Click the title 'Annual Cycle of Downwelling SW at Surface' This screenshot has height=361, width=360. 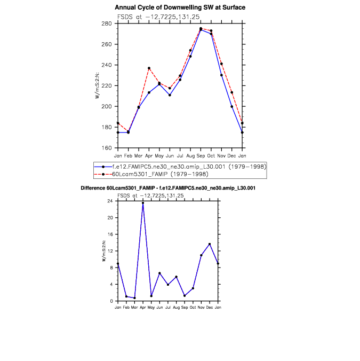click(x=180, y=7)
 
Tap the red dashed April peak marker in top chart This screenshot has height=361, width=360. click(x=149, y=68)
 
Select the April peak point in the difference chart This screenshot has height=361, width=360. click(x=143, y=203)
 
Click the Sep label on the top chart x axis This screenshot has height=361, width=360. click(x=201, y=155)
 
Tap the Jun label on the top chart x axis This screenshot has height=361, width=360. click(x=170, y=155)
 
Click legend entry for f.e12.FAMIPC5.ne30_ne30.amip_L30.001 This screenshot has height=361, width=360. click(x=181, y=167)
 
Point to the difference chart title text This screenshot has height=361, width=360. click(x=168, y=189)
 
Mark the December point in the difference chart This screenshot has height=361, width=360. click(x=210, y=244)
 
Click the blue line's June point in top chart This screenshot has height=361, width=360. click(x=170, y=95)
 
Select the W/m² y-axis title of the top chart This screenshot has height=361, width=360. click(x=97, y=85)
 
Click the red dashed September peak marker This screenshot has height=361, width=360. click(x=201, y=28)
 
